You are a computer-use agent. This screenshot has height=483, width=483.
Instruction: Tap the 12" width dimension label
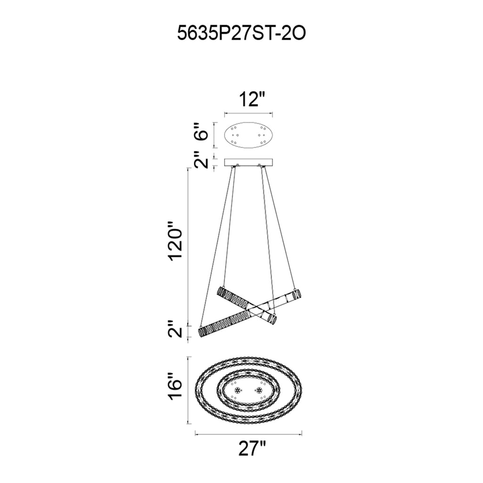pos(249,100)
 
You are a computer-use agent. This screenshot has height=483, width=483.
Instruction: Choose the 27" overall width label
pos(249,447)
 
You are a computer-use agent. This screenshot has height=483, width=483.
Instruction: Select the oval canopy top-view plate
pos(249,134)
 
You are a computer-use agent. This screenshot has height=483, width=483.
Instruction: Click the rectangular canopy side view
pos(249,162)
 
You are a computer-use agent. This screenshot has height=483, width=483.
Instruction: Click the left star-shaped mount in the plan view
pos(237,390)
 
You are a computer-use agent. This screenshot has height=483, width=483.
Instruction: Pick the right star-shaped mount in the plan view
pos(258,390)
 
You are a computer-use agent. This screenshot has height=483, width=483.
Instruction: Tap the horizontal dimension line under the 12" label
pos(249,114)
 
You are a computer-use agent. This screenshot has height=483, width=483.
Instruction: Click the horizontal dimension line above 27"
pos(249,433)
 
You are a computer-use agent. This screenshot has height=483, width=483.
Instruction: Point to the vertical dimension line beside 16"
pos(189,390)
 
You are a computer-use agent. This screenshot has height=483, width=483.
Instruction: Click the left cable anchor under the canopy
pos(234,166)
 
